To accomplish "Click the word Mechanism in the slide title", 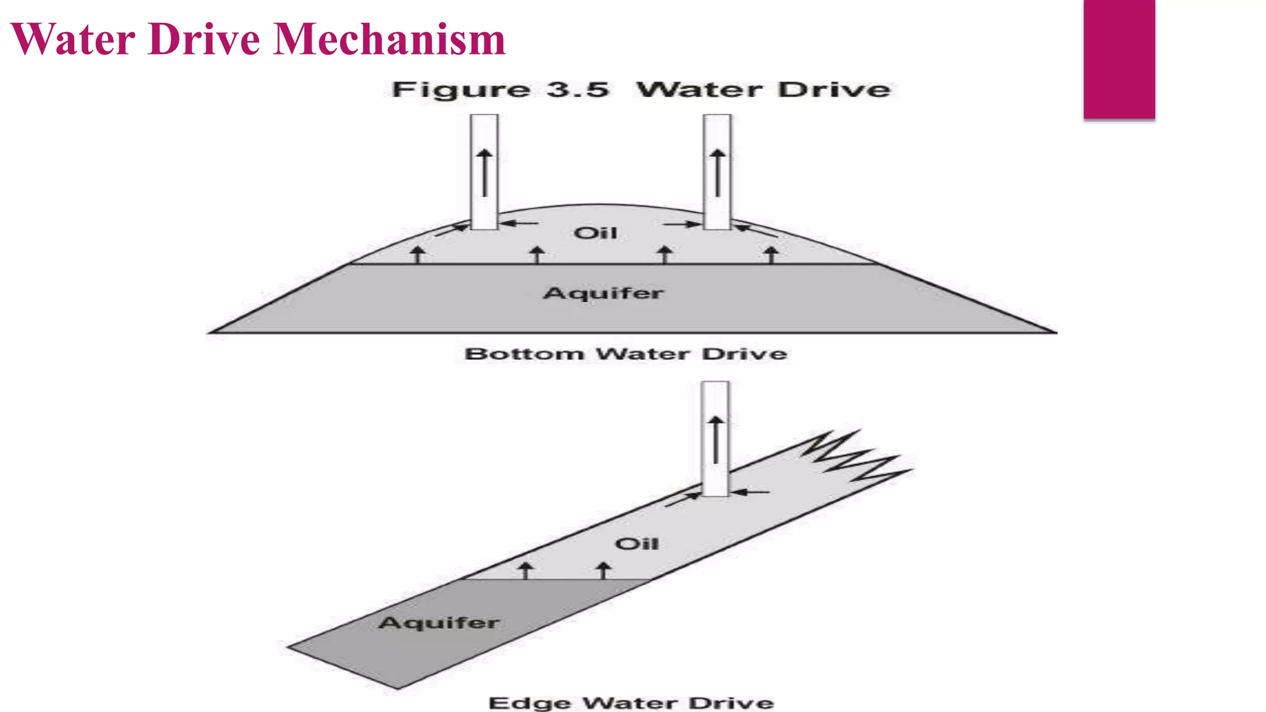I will pyautogui.click(x=389, y=39).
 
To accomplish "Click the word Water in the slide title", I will pyautogui.click(x=73, y=39).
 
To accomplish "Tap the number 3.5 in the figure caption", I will pyautogui.click(x=577, y=90).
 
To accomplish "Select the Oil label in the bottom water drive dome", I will pyautogui.click(x=595, y=233).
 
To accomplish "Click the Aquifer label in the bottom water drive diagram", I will pyautogui.click(x=603, y=293).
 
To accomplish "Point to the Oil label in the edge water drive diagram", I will pyautogui.click(x=637, y=544).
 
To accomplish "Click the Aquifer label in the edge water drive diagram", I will pyautogui.click(x=439, y=622).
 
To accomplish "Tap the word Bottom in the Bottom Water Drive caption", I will pyautogui.click(x=524, y=354).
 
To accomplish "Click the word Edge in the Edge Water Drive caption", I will pyautogui.click(x=530, y=703).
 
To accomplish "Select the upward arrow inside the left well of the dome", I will pyautogui.click(x=485, y=172).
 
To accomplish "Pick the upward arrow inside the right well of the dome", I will pyautogui.click(x=717, y=172).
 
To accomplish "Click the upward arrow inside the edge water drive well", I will pyautogui.click(x=715, y=439).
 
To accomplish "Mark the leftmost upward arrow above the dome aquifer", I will pyautogui.click(x=418, y=254).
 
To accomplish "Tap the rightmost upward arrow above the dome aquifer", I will pyautogui.click(x=771, y=254).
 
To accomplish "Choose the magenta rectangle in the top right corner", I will pyautogui.click(x=1119, y=59).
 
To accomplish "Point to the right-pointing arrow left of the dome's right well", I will pyautogui.click(x=681, y=224).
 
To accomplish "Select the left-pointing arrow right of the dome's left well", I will pyautogui.click(x=519, y=223).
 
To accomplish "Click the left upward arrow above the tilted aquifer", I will pyautogui.click(x=525, y=570).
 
